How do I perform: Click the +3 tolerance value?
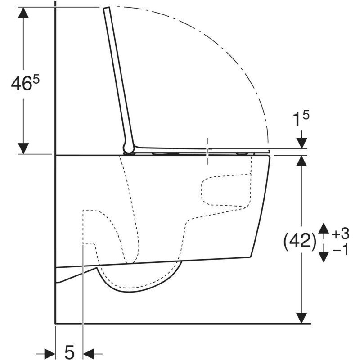click(x=340, y=234)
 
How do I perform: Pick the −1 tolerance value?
click(x=340, y=249)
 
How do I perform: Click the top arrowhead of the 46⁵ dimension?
click(x=23, y=13)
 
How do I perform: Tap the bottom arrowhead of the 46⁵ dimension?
click(x=23, y=148)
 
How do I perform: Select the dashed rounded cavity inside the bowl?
click(x=225, y=191)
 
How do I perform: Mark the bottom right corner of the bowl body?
click(x=250, y=257)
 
